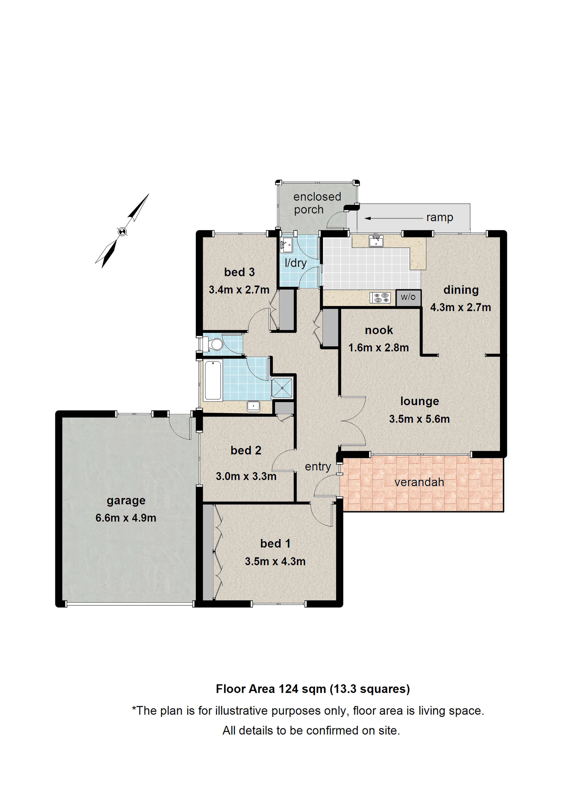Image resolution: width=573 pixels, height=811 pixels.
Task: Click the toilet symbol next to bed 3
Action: tap(214, 344)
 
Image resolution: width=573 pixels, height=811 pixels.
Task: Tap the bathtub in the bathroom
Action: tap(213, 380)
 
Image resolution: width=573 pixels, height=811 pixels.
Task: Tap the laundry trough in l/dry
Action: tap(286, 244)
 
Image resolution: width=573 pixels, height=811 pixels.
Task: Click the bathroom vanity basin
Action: tap(253, 406)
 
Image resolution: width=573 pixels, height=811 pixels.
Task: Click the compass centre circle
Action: tap(122, 232)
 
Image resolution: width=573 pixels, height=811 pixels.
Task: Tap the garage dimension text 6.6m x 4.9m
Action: tap(126, 518)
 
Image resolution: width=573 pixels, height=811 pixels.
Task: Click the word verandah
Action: tap(419, 482)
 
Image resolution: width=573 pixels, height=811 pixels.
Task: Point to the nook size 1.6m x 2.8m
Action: tap(378, 347)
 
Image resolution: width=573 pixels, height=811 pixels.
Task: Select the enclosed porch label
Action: tap(317, 203)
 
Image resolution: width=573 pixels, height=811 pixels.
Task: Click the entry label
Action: tap(318, 467)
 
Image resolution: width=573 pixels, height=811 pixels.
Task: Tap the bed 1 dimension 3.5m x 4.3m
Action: tap(275, 561)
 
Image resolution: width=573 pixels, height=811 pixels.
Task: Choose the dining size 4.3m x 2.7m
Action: tap(460, 307)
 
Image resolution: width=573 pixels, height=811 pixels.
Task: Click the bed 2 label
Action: tap(246, 450)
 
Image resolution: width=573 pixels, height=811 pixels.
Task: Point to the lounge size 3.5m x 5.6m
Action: tap(419, 419)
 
